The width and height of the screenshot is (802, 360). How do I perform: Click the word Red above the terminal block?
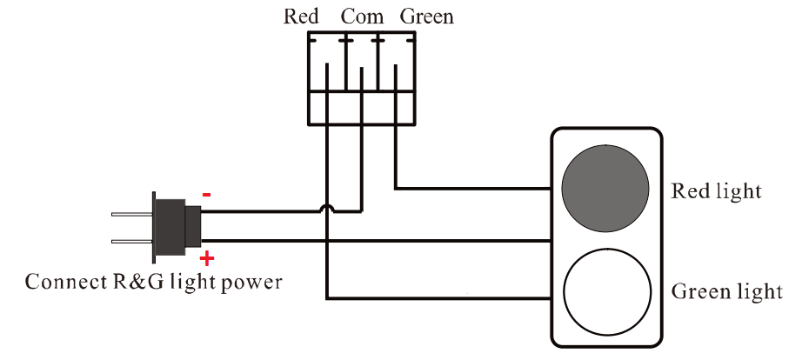(301, 17)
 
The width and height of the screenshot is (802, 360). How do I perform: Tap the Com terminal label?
(362, 17)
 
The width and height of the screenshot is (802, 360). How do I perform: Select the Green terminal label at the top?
(426, 17)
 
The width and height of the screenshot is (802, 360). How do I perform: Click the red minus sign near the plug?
(206, 195)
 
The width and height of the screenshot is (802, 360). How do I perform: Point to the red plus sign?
(207, 258)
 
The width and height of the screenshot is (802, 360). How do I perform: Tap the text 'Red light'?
(716, 191)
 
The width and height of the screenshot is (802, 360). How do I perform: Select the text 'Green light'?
(726, 290)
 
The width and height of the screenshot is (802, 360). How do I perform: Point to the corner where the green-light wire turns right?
(327, 298)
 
